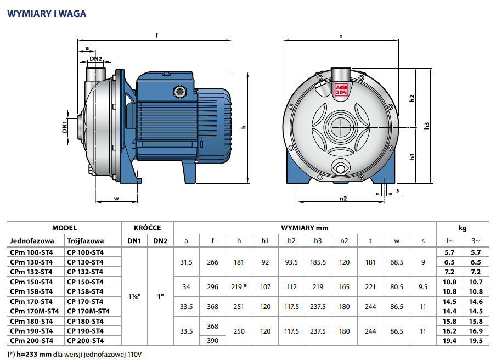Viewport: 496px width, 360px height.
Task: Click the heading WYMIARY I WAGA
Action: (x=47, y=14)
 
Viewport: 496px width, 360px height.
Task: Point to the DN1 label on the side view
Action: (x=65, y=128)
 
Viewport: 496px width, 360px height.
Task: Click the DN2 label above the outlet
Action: (x=96, y=59)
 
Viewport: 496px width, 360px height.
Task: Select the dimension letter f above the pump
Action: (x=157, y=36)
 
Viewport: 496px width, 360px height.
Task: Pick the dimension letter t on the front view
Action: (x=341, y=36)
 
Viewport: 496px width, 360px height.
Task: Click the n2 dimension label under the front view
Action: (x=343, y=199)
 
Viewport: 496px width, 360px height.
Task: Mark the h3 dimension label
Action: (x=426, y=126)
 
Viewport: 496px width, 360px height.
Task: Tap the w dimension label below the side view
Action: (x=116, y=199)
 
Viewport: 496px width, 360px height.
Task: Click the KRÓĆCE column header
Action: (x=147, y=227)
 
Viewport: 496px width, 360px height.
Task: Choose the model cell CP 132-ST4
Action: (x=85, y=272)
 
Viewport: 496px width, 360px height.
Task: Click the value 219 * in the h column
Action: (x=239, y=286)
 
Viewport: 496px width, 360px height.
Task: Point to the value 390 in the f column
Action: (x=212, y=341)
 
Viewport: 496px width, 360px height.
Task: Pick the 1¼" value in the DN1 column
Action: (x=134, y=296)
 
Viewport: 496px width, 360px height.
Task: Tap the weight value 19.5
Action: (x=476, y=341)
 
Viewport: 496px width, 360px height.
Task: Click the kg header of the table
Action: (x=463, y=227)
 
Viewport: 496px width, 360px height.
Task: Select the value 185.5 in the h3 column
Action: (x=318, y=262)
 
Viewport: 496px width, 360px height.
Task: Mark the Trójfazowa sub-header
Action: (x=85, y=241)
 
